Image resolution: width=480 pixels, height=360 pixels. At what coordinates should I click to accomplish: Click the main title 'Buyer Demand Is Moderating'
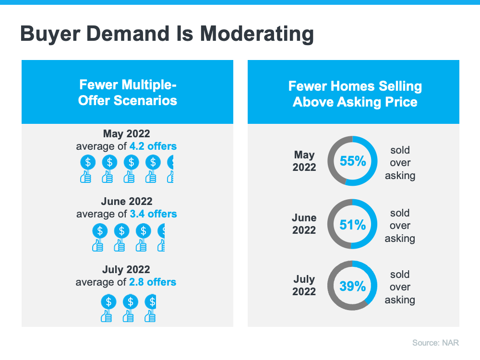coord(167,35)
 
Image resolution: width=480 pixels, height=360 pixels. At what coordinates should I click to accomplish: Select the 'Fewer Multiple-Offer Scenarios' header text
coord(128,93)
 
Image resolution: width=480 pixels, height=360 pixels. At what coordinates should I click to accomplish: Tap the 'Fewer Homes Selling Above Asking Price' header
coord(355,94)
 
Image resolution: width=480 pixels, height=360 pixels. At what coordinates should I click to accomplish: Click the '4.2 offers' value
coord(153,146)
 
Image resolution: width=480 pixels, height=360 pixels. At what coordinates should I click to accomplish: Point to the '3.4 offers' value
coord(153,214)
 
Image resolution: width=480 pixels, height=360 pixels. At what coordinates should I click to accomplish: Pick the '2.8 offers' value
coord(152,282)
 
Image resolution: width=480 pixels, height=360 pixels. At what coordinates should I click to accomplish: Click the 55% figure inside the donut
coord(353,161)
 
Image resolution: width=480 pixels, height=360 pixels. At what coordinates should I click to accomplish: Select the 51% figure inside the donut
coord(353,225)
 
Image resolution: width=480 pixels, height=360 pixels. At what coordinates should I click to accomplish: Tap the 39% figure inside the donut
coord(353,287)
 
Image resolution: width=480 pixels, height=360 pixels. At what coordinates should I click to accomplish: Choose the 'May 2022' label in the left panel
coord(126,133)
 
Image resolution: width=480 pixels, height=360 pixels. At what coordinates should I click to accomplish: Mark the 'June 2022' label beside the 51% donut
coord(304,224)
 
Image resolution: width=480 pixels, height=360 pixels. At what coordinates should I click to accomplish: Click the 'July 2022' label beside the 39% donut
coord(304,285)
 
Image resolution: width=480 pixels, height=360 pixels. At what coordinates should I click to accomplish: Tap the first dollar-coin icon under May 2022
coord(87,163)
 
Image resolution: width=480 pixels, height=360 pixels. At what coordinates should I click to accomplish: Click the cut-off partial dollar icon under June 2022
coord(162,231)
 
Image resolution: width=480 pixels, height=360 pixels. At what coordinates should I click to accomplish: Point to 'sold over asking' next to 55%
coord(400,163)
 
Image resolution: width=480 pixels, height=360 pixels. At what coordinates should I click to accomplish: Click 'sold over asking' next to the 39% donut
coord(400,287)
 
